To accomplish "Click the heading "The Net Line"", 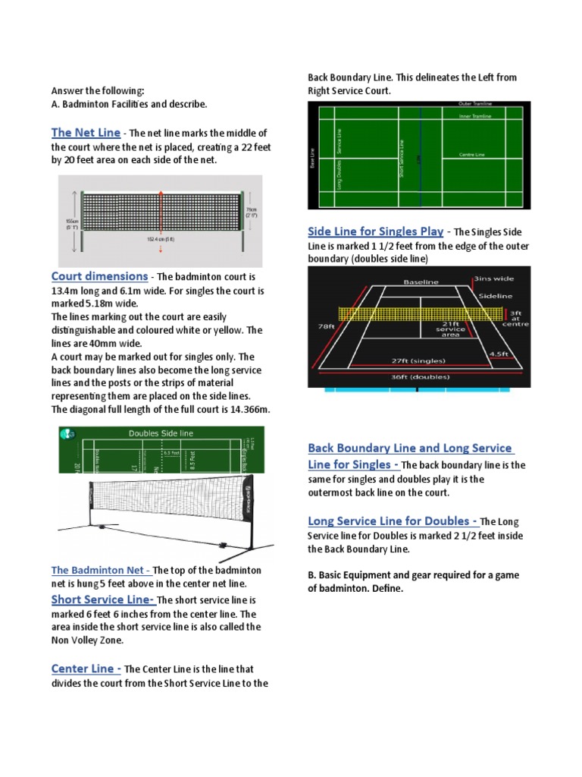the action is (86, 133).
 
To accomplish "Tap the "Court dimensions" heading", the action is (99, 276).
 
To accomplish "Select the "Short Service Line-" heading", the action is (102, 599).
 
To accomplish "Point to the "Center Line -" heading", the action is (86, 668).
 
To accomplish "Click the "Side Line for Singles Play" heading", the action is (375, 231).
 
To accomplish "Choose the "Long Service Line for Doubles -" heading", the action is (393, 521).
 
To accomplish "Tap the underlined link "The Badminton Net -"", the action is (101, 571).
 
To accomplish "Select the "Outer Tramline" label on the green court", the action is (475, 104).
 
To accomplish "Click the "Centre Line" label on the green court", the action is (473, 155).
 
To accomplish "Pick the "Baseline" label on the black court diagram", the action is (421, 282).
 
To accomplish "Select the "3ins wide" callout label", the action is (493, 279).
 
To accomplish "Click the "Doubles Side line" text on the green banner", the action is (161, 433).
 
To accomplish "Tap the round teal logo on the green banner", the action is (67, 433).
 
